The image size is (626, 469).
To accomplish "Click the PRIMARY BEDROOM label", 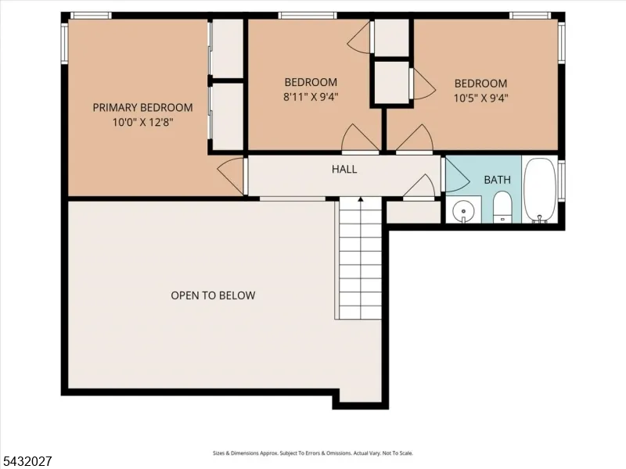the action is (142, 108).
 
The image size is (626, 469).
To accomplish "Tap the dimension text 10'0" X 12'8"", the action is (142, 122).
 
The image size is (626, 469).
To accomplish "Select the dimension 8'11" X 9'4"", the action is (311, 97).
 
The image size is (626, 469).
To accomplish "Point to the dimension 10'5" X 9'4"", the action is (480, 98).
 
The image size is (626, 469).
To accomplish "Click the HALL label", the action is (344, 169).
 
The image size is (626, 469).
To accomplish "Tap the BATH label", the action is (497, 180).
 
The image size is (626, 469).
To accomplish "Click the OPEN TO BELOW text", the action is (213, 295).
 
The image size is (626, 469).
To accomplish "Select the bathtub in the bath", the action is (540, 190).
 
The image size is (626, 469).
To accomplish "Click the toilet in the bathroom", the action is (502, 206).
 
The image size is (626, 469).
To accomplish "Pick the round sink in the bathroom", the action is (463, 210).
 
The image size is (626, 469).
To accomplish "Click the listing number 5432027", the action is (26, 461).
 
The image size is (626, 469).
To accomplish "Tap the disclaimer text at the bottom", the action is (312, 453).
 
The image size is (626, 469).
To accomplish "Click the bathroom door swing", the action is (456, 174).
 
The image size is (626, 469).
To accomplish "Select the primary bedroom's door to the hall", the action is (230, 175).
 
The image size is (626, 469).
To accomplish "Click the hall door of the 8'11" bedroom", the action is (361, 139).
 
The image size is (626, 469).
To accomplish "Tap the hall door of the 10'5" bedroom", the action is (415, 139).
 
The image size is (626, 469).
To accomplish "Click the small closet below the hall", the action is (414, 212).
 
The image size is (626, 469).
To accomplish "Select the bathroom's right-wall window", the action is (561, 181).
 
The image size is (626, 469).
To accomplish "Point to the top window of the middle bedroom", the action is (308, 16).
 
